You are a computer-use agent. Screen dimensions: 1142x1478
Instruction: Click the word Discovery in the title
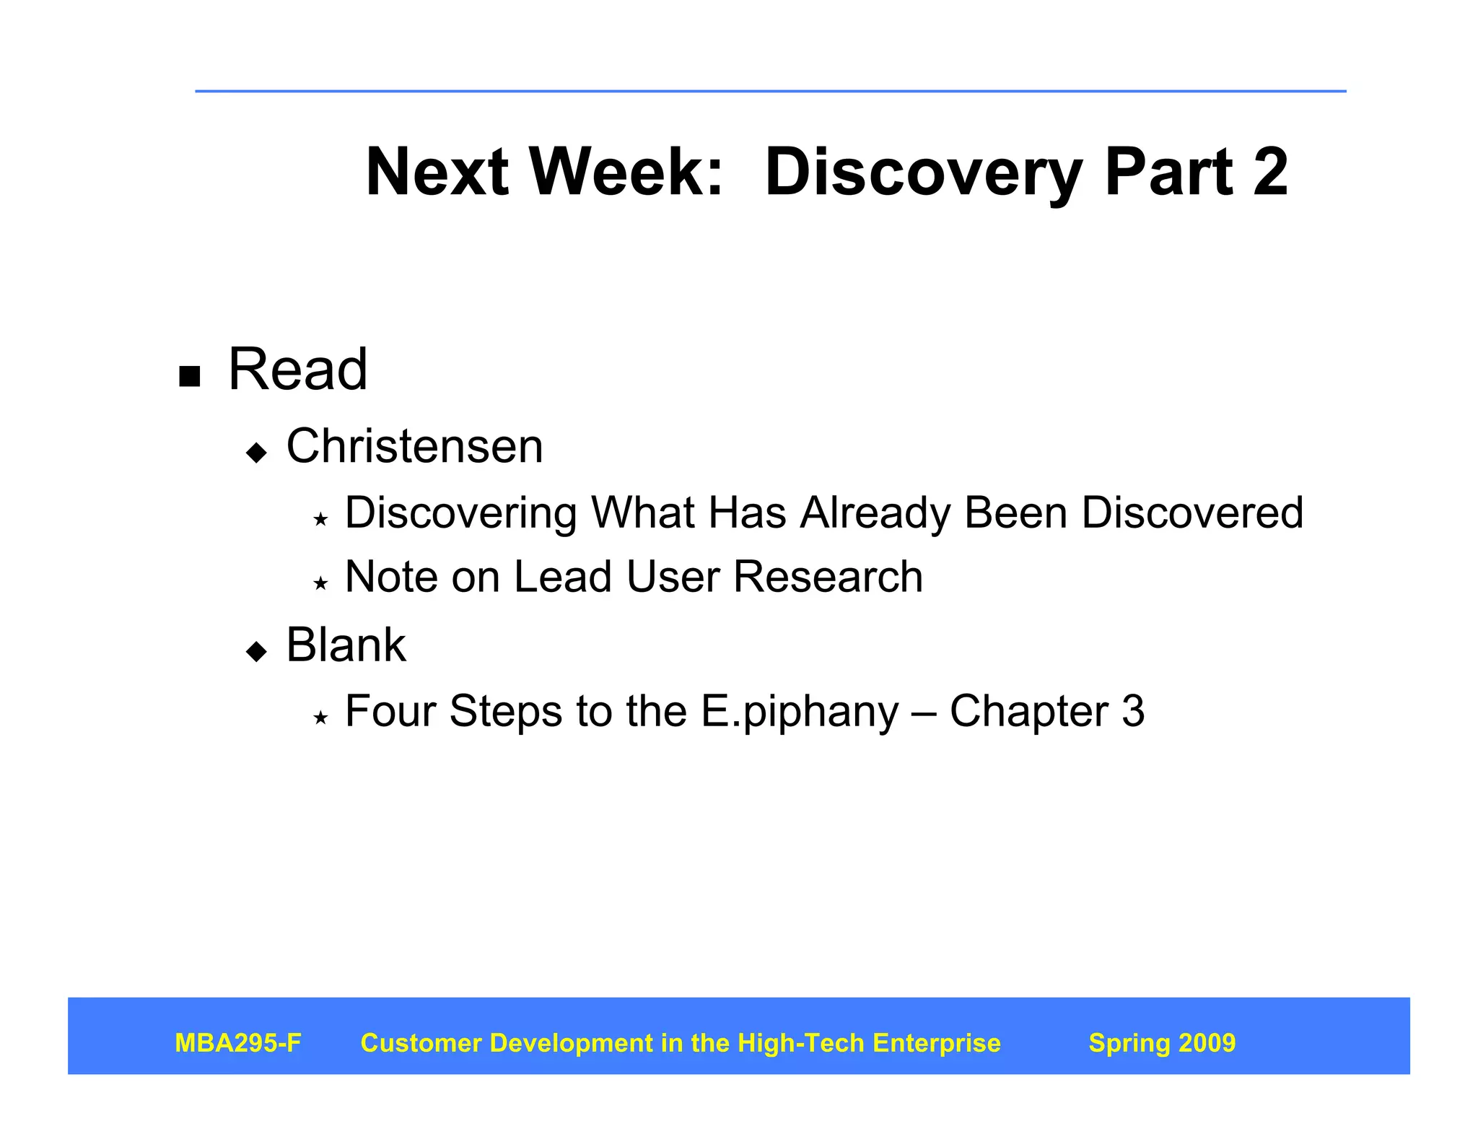pyautogui.click(x=923, y=173)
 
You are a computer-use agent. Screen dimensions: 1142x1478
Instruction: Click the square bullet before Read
pyautogui.click(x=189, y=376)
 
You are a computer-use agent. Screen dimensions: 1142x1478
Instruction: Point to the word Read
pyautogui.click(x=297, y=369)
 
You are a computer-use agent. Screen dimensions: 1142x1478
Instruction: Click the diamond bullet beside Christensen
pyautogui.click(x=256, y=453)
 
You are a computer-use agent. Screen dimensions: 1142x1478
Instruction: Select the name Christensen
pyautogui.click(x=414, y=446)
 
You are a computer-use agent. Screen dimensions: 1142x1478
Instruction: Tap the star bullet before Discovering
pyautogui.click(x=320, y=519)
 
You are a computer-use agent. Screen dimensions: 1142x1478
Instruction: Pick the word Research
pyautogui.click(x=828, y=577)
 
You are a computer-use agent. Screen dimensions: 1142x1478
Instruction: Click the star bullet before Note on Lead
pyautogui.click(x=320, y=583)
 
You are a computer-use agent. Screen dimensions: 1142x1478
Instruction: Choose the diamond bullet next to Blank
pyautogui.click(x=256, y=651)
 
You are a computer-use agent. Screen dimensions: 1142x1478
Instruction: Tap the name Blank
pyautogui.click(x=346, y=645)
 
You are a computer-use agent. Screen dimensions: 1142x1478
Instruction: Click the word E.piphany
pyautogui.click(x=800, y=712)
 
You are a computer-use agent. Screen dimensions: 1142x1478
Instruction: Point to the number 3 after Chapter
pyautogui.click(x=1133, y=711)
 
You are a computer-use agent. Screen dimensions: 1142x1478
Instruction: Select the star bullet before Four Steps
pyautogui.click(x=320, y=718)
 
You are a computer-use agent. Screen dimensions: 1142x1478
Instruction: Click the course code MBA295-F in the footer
pyautogui.click(x=238, y=1043)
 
